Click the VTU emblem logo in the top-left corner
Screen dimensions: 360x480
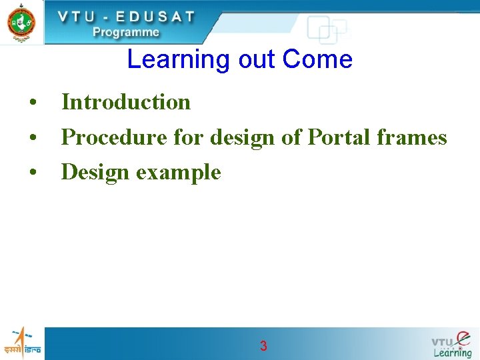pos(21,21)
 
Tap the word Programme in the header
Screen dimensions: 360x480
pos(126,31)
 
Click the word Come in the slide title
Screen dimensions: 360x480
pos(317,60)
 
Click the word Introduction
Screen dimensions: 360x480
pos(126,102)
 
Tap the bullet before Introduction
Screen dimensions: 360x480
pos(31,103)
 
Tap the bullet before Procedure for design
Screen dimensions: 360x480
pos(31,139)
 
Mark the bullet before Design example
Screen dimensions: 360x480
pos(31,173)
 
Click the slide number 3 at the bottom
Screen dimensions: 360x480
pos(263,346)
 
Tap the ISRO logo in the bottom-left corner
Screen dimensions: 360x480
pos(21,343)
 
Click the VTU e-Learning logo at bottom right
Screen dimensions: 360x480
pos(451,344)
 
